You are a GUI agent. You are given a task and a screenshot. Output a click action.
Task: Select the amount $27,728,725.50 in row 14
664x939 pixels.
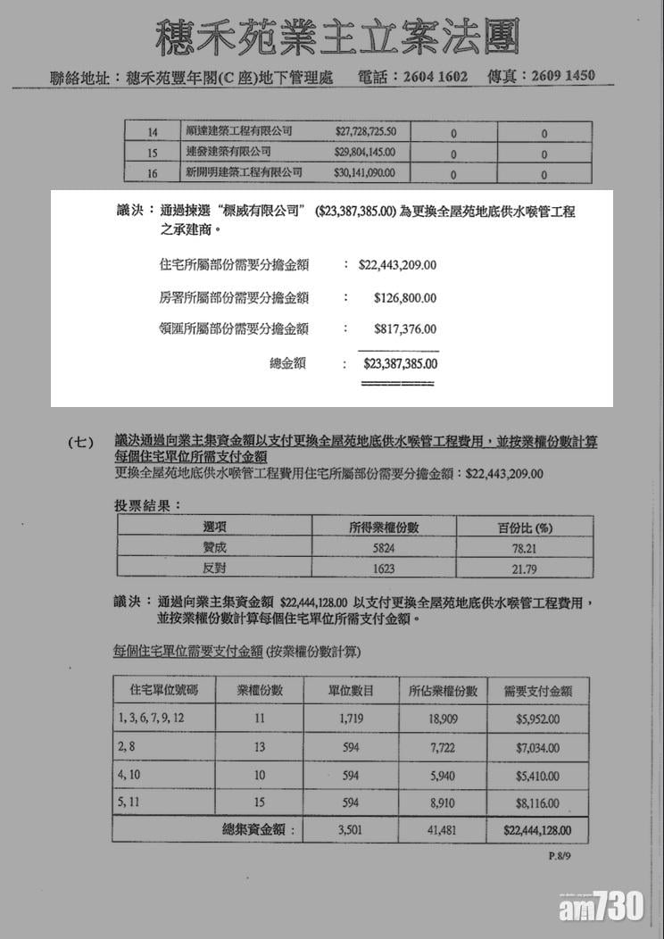click(365, 132)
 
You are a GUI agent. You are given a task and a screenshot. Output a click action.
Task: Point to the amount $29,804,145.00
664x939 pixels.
click(365, 153)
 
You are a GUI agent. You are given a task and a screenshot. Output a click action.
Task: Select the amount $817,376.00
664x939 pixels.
click(404, 329)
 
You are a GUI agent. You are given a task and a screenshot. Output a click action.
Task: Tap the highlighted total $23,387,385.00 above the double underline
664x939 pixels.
click(400, 364)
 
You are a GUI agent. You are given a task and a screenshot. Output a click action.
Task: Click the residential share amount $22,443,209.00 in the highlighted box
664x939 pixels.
click(397, 265)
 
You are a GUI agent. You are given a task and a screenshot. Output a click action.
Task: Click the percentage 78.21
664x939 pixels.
click(524, 548)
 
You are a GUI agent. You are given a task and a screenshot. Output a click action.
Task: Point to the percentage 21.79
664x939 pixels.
click(524, 569)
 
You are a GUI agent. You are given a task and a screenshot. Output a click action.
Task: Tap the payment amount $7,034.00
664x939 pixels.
click(537, 747)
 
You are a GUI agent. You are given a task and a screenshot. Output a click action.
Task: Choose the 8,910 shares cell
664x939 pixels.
click(443, 803)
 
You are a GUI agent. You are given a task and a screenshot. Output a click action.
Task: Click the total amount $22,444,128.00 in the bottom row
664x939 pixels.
click(536, 830)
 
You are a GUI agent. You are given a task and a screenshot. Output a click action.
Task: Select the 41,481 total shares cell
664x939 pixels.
click(443, 830)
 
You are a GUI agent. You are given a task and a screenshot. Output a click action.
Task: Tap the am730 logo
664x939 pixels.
click(602, 908)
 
